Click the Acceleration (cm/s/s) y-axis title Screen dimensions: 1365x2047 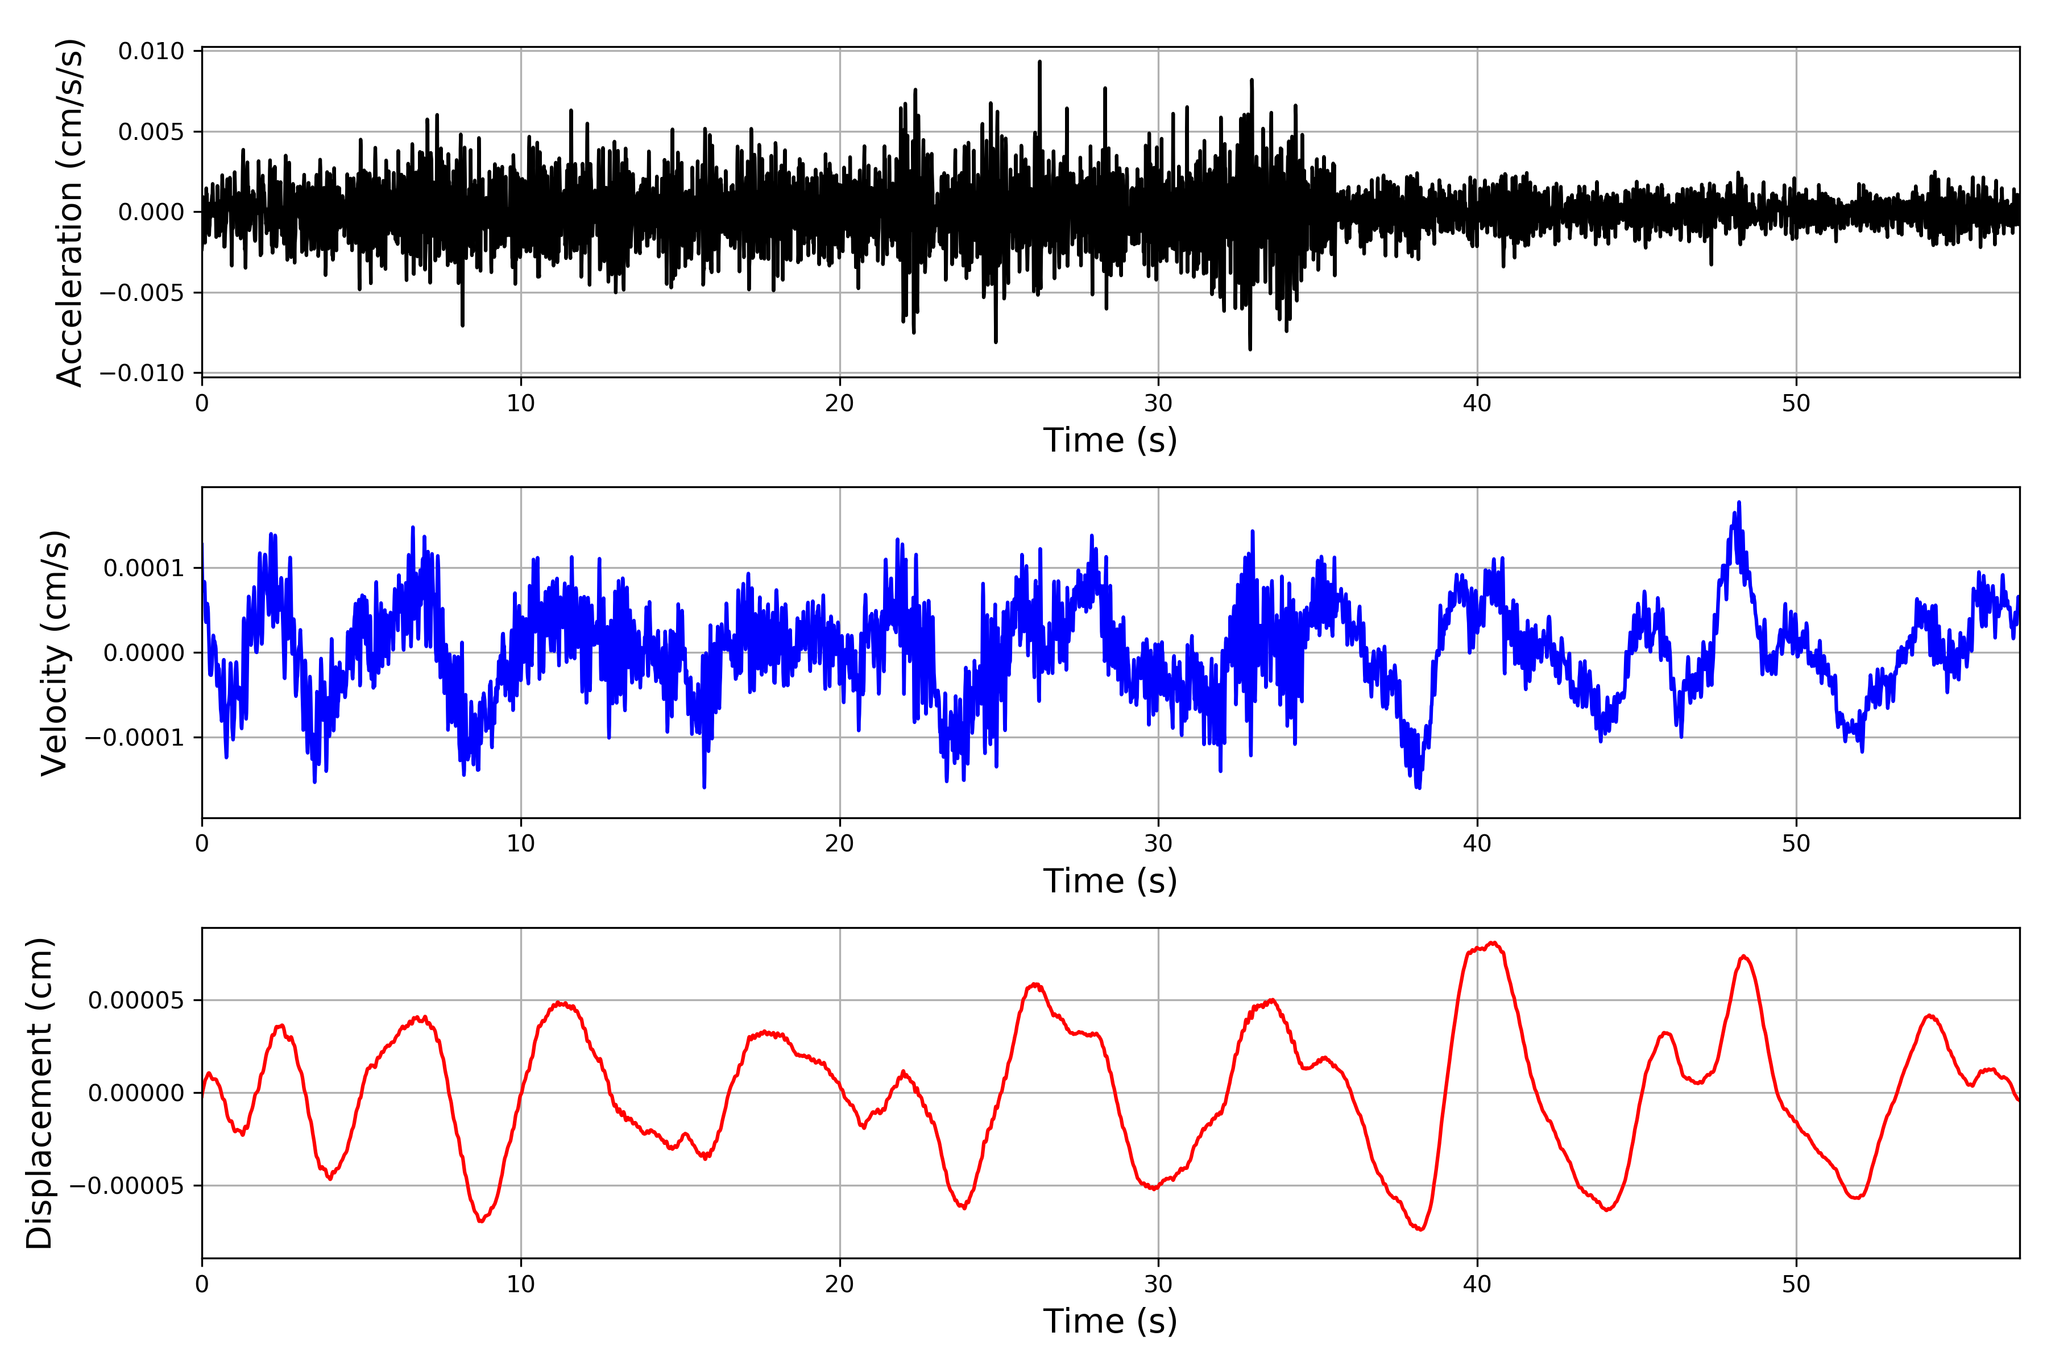tap(69, 212)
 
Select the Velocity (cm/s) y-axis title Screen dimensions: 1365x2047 tap(54, 653)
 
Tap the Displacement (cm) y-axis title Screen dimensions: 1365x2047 tap(39, 1093)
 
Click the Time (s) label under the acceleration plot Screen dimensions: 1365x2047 tap(1110, 440)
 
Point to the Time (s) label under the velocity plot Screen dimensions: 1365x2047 tap(1110, 881)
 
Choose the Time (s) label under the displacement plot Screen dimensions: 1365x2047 tap(1110, 1321)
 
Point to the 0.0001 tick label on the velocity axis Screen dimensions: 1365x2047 tap(144, 568)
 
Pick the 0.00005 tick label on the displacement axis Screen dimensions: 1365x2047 tap(136, 1000)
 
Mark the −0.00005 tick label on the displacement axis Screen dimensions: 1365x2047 tap(126, 1186)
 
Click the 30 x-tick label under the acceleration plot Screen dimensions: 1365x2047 tap(1158, 404)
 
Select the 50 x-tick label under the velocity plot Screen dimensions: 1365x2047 tap(1796, 843)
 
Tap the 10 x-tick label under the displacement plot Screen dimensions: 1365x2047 tap(520, 1284)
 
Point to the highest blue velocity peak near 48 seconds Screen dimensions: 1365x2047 tap(1739, 504)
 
